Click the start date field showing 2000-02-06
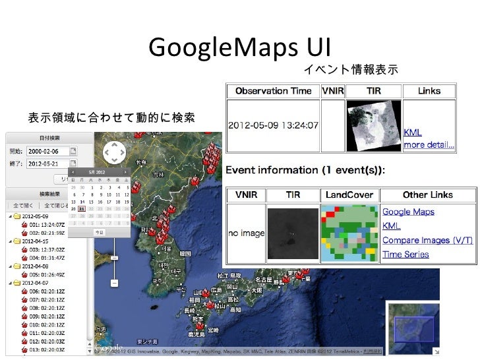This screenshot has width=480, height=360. [46, 150]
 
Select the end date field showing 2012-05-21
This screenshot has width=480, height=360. [46, 162]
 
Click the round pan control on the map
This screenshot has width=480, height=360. [115, 153]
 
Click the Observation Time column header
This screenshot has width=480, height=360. [271, 91]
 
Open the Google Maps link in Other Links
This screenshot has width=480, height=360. [409, 212]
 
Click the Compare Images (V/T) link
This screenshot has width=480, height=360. [427, 241]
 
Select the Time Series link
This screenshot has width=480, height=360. [405, 255]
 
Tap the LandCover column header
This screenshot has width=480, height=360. [349, 195]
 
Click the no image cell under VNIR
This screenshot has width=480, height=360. [246, 233]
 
